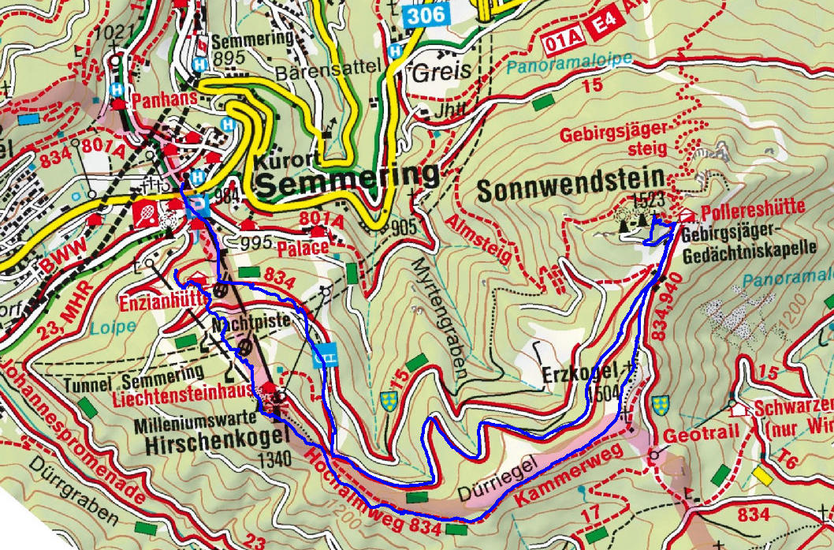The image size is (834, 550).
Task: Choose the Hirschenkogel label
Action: tap(207, 446)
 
